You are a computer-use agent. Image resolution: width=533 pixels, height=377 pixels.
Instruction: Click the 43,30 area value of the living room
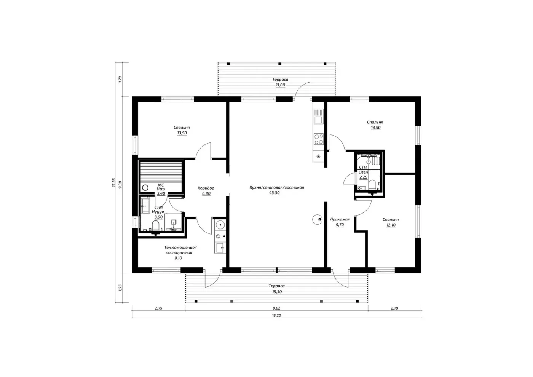coord(274,193)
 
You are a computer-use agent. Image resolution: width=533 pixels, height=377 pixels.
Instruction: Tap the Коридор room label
coord(206,188)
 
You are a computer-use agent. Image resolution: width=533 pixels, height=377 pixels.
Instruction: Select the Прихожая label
coord(340,219)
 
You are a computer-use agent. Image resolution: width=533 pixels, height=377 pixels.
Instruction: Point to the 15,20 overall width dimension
coord(276,316)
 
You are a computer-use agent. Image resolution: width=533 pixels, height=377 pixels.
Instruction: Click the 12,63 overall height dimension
coord(114,182)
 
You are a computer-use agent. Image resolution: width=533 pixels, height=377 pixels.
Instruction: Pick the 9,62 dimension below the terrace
coord(276,308)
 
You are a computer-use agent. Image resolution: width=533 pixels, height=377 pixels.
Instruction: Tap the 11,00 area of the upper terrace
coord(280,85)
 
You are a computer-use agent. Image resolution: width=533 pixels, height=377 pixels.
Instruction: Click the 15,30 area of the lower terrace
coord(277,292)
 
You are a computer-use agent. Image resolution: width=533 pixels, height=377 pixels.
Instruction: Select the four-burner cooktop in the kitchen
coord(319,139)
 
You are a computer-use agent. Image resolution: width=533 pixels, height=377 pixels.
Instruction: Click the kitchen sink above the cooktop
coord(319,116)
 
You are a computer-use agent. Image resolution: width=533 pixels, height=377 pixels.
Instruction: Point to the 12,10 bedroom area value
coord(391,225)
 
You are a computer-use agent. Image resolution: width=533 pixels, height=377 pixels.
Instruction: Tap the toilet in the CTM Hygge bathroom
coord(156,225)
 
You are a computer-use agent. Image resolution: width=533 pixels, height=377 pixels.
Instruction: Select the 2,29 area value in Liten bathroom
coord(363,177)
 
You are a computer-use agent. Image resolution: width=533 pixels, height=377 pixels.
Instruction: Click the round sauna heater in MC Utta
coord(145,188)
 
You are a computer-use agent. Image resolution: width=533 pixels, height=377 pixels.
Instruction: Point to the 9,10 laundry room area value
coord(178,258)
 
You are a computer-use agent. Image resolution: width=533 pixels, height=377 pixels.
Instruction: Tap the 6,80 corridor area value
coord(206,194)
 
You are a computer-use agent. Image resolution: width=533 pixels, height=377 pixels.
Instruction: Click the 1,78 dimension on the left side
coord(120,79)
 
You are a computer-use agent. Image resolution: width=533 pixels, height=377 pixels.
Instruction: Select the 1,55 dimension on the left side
coord(120,288)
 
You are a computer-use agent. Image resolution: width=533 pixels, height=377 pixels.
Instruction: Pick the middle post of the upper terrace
coord(280,64)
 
